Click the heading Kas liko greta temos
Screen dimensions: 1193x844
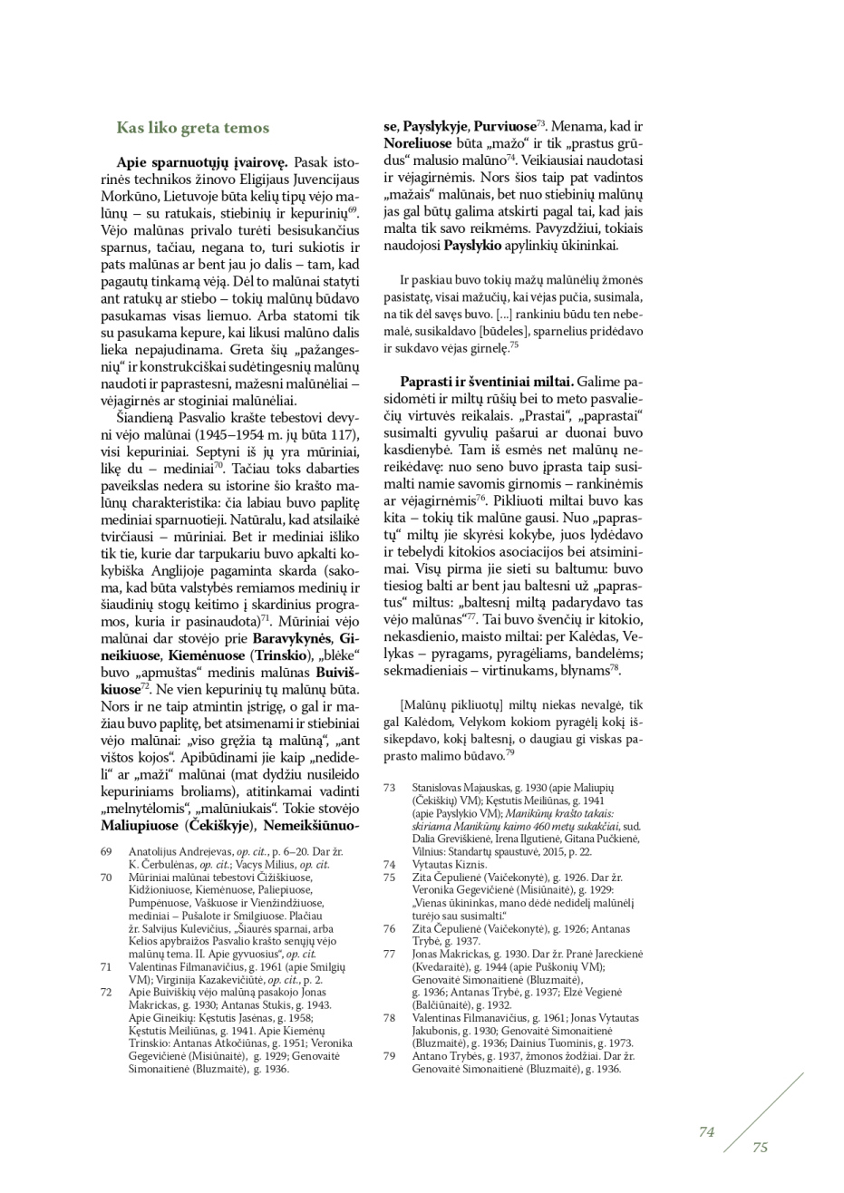192,129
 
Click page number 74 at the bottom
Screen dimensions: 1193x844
707,1131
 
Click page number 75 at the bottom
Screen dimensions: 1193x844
760,1147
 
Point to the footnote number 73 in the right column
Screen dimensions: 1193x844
390,788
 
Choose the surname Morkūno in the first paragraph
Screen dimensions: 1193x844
137,196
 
